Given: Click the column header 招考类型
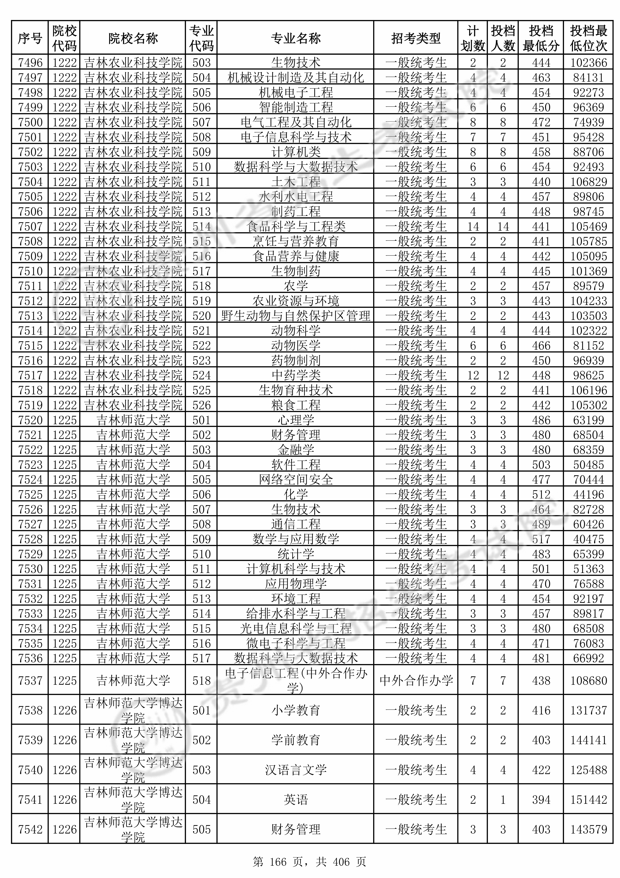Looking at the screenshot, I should (416, 38).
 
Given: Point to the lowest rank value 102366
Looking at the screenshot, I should (588, 63).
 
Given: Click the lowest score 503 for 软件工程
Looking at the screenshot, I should (541, 465).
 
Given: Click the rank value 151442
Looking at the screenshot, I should (588, 800).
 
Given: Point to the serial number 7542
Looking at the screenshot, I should (30, 830).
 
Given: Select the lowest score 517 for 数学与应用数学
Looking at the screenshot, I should (541, 539).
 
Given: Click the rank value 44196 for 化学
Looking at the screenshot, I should (588, 494).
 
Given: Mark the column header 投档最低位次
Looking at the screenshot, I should (588, 38).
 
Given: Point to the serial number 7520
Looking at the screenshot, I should (30, 420).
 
